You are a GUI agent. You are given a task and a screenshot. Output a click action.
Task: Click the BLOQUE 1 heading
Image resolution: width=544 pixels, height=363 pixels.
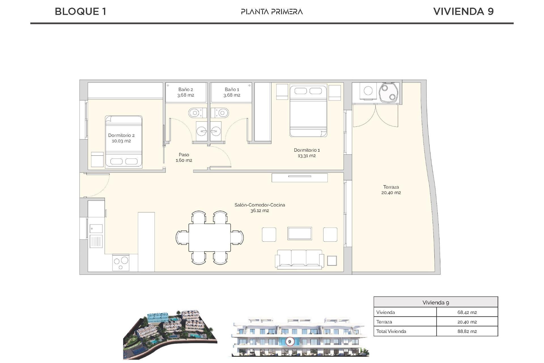pyautogui.click(x=80, y=12)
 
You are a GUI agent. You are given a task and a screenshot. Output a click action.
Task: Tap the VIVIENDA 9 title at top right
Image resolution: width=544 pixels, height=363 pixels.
pyautogui.click(x=463, y=12)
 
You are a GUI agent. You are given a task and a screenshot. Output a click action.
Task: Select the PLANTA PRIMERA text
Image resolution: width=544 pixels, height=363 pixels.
pyautogui.click(x=272, y=12)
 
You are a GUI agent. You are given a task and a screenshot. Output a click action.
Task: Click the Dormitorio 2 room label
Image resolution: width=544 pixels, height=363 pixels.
pyautogui.click(x=121, y=135)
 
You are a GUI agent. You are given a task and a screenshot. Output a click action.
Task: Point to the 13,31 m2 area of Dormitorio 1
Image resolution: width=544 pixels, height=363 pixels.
pyautogui.click(x=307, y=156)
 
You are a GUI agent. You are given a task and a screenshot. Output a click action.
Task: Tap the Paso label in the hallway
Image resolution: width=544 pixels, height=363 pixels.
pyautogui.click(x=184, y=155)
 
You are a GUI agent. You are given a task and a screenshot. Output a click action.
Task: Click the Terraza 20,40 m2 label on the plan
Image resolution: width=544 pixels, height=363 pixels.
pyautogui.click(x=391, y=190)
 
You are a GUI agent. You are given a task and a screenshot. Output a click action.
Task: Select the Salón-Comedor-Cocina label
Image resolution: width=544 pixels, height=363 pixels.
pyautogui.click(x=260, y=205)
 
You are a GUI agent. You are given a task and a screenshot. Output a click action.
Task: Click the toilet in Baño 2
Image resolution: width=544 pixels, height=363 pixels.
pyautogui.click(x=195, y=113)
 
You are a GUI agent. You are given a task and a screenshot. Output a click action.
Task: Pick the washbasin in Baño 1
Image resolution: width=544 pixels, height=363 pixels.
pyautogui.click(x=216, y=131)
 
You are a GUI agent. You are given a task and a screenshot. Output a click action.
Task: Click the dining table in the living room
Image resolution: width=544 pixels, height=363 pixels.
pyautogui.click(x=210, y=237)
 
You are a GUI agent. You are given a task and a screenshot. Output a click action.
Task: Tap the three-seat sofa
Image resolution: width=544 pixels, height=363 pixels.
pyautogui.click(x=299, y=259)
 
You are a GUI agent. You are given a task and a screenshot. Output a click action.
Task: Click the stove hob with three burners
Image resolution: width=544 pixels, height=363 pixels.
pyautogui.click(x=121, y=263)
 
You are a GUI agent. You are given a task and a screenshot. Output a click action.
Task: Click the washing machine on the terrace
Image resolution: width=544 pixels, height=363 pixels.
pyautogui.click(x=368, y=91)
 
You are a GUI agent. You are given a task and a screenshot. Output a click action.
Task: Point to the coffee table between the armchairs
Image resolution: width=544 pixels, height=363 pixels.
pyautogui.click(x=299, y=234)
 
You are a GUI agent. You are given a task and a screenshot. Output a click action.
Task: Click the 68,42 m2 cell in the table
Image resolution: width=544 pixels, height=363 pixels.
pyautogui.click(x=467, y=312)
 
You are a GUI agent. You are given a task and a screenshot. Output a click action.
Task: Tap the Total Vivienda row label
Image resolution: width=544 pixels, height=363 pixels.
pyautogui.click(x=391, y=331)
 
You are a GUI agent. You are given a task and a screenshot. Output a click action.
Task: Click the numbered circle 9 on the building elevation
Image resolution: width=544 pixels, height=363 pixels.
pyautogui.click(x=290, y=341)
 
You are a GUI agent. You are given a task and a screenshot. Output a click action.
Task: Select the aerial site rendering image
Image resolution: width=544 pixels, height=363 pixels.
pyautogui.click(x=170, y=335)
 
